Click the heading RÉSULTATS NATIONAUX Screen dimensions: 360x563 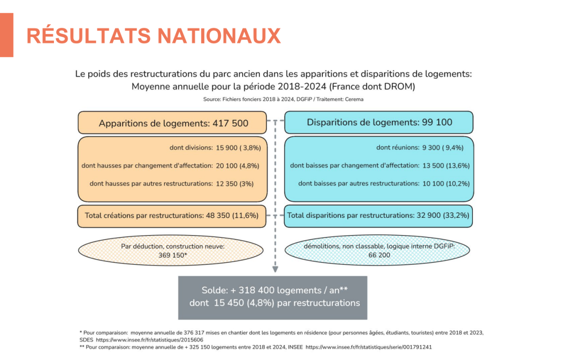[x=153, y=36]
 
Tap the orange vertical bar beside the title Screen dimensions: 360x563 [x=7, y=35]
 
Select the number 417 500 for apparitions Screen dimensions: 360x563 [x=231, y=123]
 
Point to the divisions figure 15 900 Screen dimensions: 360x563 [x=227, y=147]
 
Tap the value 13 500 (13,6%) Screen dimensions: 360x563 [x=446, y=165]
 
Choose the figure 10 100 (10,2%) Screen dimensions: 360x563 [x=446, y=183]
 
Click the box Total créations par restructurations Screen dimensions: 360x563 [x=172, y=216]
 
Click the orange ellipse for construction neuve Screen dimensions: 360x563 [x=173, y=251]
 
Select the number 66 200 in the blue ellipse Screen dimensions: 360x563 [x=379, y=255]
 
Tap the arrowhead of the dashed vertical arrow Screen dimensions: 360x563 [x=275, y=269]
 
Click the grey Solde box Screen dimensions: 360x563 [x=273, y=297]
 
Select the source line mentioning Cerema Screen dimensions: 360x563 [x=283, y=99]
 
